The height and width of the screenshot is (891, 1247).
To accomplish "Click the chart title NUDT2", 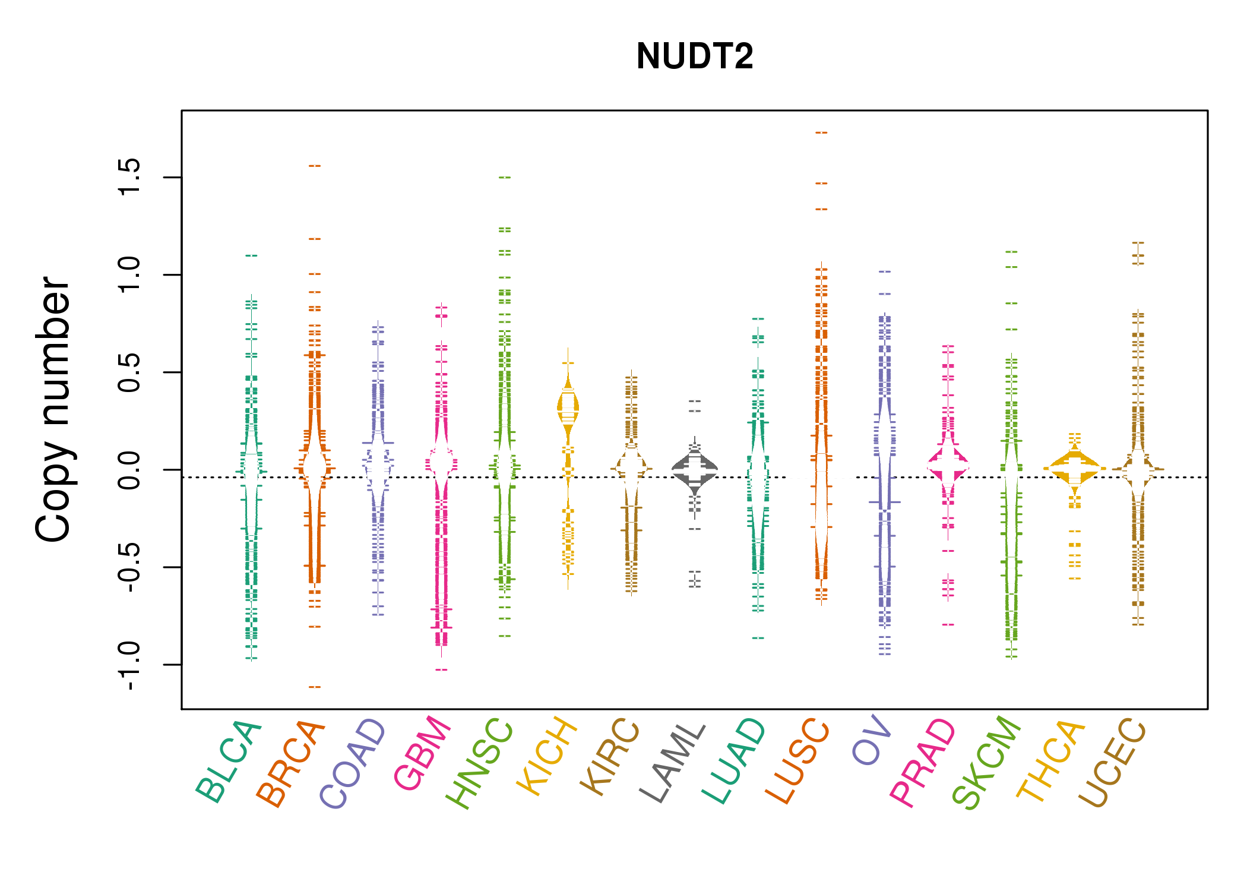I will pos(694,56).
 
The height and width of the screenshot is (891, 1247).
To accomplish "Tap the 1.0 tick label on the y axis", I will pos(129,274).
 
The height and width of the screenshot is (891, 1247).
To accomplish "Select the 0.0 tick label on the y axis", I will pos(129,470).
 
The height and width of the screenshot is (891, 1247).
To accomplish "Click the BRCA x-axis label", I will pos(291,763).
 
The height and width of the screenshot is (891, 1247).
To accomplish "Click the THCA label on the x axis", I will pos(1050,760).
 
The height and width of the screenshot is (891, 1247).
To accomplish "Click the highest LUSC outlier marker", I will pos(821,132).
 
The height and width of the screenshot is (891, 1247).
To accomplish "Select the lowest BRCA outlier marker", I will pos(315,687).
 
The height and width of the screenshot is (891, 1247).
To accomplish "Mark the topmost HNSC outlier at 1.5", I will pos(505,177).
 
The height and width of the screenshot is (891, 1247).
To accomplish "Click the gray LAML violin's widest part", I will pos(695,468).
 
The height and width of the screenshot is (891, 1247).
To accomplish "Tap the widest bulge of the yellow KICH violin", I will pos(568,407).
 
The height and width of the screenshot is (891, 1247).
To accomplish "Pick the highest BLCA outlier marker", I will pos(251,255).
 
